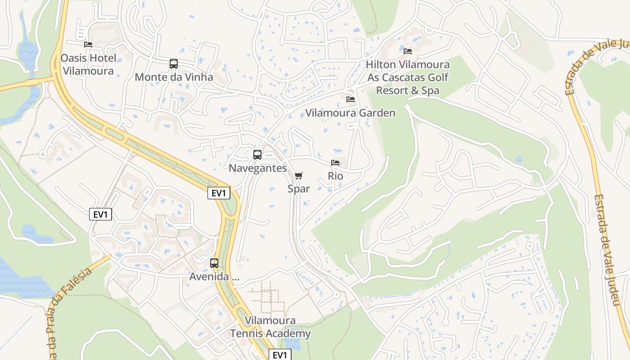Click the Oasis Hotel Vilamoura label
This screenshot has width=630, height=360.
coord(88,64)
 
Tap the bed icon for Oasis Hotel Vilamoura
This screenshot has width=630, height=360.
coord(88,45)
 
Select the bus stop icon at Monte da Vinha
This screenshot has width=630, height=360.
coord(174,64)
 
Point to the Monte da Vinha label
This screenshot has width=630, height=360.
coord(174,77)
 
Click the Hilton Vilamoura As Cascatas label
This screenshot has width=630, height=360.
coord(408,77)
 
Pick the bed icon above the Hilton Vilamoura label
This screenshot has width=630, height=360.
coord(408,51)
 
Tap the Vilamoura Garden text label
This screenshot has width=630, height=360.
coord(350,113)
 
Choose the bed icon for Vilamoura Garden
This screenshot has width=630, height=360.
coord(350,99)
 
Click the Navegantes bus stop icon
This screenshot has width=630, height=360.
coord(257,155)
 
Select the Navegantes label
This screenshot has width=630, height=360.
coord(257,168)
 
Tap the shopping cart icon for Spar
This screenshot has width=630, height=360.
coord(299,175)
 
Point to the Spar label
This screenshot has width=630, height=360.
coord(299,189)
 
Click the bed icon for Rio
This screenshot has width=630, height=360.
coord(335,163)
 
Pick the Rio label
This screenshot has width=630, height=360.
coord(335,176)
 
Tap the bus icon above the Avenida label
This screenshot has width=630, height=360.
coord(214,263)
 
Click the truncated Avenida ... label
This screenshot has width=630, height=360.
coord(214,277)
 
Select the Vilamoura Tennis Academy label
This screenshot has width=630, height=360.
coord(270,327)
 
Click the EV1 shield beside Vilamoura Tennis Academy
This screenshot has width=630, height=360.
coord(280,355)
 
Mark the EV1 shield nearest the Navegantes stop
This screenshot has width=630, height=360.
coord(219,193)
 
